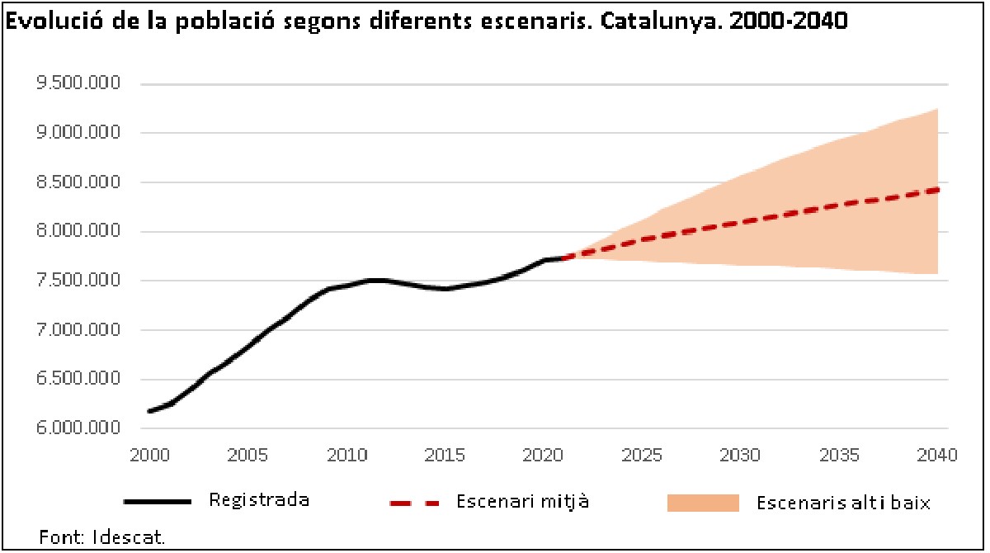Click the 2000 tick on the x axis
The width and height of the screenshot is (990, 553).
(148, 455)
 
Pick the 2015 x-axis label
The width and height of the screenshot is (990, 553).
(445, 455)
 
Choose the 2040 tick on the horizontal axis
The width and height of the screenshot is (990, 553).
(937, 455)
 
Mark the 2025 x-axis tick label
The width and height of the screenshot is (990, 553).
(642, 455)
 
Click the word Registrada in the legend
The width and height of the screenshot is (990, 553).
(259, 500)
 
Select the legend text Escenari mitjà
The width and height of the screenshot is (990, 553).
(522, 501)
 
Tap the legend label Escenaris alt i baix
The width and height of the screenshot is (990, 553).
(843, 502)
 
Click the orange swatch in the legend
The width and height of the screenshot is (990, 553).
(702, 502)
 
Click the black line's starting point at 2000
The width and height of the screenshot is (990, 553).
(149, 411)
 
